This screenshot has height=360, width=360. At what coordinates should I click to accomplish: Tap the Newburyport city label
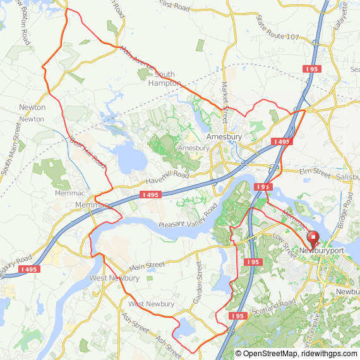tap(321, 251)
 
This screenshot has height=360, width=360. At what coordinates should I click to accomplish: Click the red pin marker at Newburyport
tap(313, 239)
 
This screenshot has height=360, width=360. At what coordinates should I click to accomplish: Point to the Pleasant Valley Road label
tap(188, 216)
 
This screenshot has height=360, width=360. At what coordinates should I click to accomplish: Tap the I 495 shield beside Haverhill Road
tap(150, 195)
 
